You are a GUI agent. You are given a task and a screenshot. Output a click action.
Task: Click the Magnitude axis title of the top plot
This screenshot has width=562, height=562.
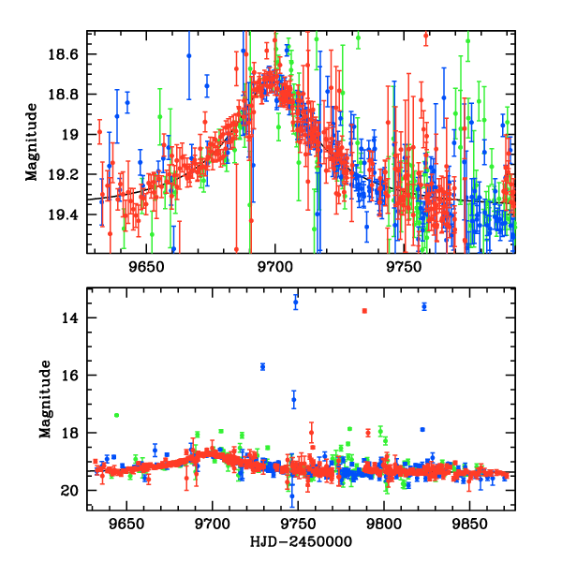tap(32, 142)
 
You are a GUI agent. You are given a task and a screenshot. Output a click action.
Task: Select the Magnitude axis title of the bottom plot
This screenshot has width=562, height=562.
tap(44, 399)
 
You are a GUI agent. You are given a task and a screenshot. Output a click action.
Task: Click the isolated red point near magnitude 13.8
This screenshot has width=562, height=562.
tap(364, 311)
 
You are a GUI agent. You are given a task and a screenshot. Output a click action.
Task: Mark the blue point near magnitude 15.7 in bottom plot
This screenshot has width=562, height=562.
tap(263, 366)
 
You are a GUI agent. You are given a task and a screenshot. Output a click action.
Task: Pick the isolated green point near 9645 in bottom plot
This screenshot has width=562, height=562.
tap(116, 415)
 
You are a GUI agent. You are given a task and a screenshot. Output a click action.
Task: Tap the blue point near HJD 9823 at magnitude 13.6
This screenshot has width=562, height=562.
tap(424, 306)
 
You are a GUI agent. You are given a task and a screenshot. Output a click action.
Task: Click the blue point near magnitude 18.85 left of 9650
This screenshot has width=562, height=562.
tap(127, 101)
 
